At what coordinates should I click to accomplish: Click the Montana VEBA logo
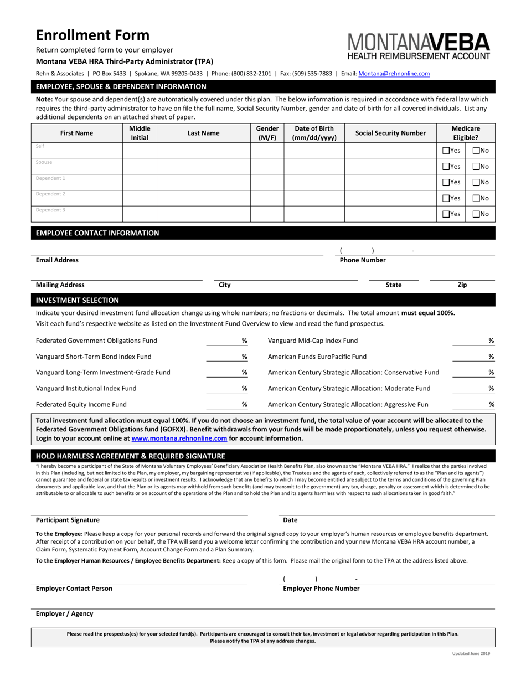point(419,46)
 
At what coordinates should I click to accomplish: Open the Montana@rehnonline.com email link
point(394,73)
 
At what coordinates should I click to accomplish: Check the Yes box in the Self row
point(446,151)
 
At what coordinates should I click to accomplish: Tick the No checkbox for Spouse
point(476,166)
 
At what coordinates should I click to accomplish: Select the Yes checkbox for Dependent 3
point(446,214)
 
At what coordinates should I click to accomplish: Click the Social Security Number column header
point(390,133)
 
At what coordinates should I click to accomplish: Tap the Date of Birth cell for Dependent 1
point(314,182)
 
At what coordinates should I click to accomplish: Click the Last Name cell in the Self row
point(203,150)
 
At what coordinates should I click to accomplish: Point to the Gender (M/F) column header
point(267,133)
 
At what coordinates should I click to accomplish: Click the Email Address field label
point(57,260)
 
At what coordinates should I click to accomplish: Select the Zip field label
point(462,285)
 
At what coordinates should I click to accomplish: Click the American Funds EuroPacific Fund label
point(317,357)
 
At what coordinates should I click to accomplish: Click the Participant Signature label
point(68,520)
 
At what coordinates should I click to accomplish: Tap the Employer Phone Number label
point(321,589)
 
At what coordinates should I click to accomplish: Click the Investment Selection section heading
point(78,301)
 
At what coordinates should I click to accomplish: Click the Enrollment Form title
point(92,35)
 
